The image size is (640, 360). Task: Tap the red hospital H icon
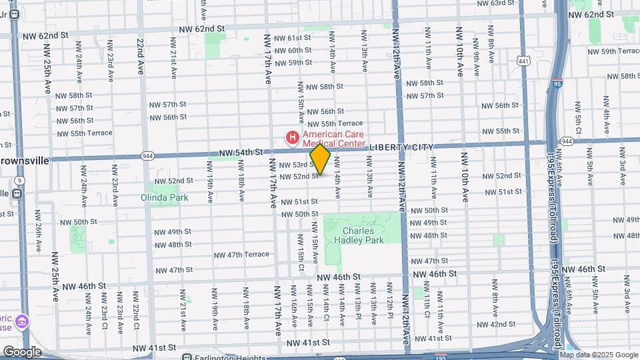292,138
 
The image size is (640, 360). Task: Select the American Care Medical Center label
333,138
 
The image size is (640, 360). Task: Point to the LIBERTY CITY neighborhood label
401,147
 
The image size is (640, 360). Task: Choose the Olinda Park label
164,197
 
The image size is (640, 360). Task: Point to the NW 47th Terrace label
241,255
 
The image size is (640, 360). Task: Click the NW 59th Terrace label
611,51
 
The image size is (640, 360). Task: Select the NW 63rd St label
501,3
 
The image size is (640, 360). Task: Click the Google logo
21,352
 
